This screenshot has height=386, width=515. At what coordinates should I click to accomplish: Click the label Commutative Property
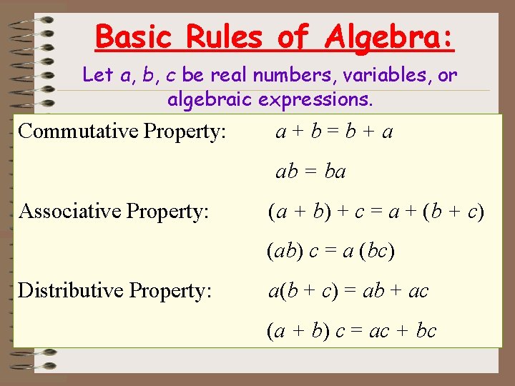122,132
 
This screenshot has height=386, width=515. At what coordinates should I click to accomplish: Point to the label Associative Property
114,211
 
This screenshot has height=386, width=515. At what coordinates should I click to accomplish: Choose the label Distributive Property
114,290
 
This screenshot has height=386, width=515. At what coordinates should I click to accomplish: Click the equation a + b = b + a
335,132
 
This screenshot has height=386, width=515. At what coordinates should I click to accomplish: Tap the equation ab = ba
311,172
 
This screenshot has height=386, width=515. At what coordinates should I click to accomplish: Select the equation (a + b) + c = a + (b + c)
376,212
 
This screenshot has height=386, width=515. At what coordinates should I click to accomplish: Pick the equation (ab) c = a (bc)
330,251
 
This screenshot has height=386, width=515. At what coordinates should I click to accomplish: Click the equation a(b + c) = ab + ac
348,291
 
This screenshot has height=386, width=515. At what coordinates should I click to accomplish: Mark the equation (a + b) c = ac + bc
351,330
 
